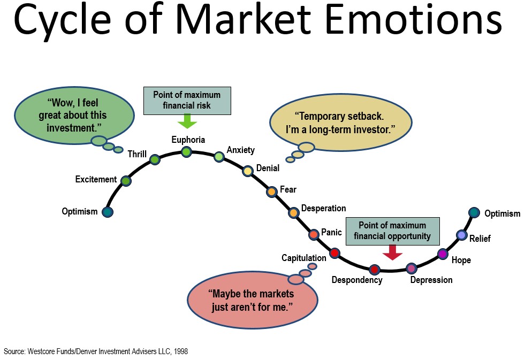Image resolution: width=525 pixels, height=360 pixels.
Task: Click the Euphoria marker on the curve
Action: [186, 152]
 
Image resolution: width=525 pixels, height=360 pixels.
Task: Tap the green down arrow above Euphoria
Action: [187, 121]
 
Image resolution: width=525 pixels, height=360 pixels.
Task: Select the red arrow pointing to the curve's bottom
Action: [392, 252]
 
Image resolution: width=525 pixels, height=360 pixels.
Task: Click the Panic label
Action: [331, 233]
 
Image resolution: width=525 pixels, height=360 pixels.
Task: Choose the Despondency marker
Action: [374, 269]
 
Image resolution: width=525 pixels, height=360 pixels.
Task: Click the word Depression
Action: [431, 280]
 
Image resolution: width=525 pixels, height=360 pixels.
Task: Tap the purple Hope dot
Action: [443, 254]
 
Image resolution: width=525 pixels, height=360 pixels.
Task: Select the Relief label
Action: [480, 239]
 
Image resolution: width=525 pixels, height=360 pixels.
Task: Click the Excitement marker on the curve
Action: [126, 181]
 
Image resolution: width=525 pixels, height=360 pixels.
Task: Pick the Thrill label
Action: [137, 155]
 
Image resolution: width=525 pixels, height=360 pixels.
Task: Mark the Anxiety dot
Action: [219, 157]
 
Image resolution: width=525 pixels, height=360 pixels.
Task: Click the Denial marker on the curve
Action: [248, 171]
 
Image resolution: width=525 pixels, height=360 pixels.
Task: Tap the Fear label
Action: [288, 189]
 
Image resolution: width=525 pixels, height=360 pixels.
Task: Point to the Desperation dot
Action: [293, 213]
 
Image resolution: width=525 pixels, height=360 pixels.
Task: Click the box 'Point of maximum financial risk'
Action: [187, 101]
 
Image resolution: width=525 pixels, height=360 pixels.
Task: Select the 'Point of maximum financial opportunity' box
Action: [392, 231]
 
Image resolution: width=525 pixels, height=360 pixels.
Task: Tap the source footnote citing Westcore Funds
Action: [96, 351]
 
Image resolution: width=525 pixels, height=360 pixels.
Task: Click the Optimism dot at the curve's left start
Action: [108, 212]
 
